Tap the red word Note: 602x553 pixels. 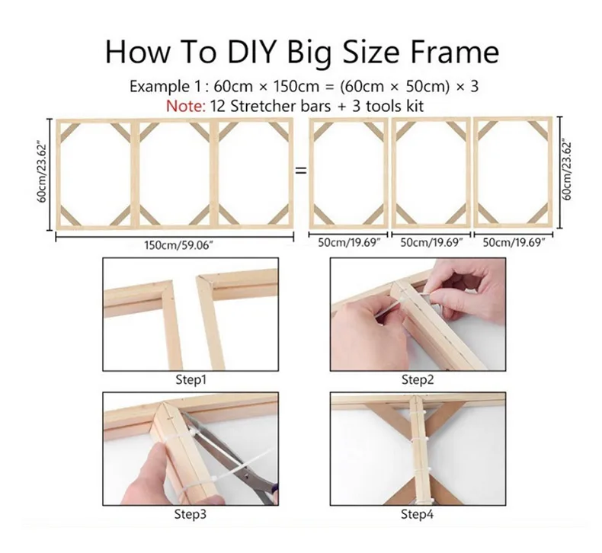pyautogui.click(x=186, y=106)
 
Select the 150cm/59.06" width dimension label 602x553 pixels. pyautogui.click(x=178, y=245)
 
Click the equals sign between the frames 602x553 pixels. pyautogui.click(x=301, y=171)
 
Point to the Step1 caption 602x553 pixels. pyautogui.click(x=191, y=379)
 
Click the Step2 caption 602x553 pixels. pyautogui.click(x=418, y=379)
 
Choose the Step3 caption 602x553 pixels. pyautogui.click(x=191, y=514)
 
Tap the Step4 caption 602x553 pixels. pyautogui.click(x=418, y=514)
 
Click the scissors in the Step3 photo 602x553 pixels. pyautogui.click(x=230, y=457)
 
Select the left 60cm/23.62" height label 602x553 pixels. pyautogui.click(x=42, y=173)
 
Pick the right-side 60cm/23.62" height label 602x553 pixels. pyautogui.click(x=567, y=171)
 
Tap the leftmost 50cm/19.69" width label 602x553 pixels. pyautogui.click(x=349, y=242)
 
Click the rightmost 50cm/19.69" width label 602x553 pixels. pyautogui.click(x=514, y=242)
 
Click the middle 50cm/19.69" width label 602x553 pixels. pyautogui.click(x=431, y=242)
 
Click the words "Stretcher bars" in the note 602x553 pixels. pyautogui.click(x=280, y=106)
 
